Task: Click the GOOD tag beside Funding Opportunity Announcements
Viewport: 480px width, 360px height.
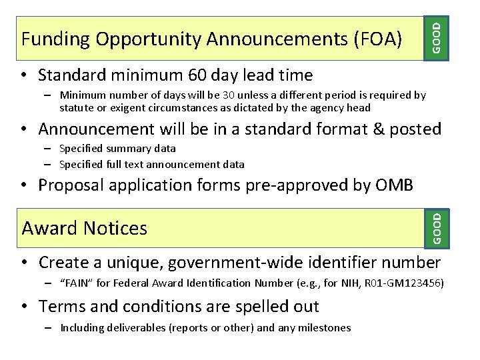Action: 436,37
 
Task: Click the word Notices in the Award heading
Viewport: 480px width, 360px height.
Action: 116,228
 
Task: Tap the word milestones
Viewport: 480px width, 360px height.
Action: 324,327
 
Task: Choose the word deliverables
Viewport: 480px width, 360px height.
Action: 131,327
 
